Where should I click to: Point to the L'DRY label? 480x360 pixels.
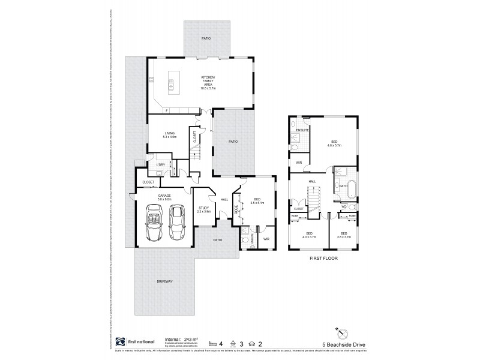(160, 165)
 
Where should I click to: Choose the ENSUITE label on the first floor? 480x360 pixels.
(302, 130)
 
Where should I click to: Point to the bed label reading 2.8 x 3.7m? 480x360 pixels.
(344, 235)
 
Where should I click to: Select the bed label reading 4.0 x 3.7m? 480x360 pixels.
(309, 235)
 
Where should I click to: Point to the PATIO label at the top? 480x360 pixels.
(206, 38)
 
